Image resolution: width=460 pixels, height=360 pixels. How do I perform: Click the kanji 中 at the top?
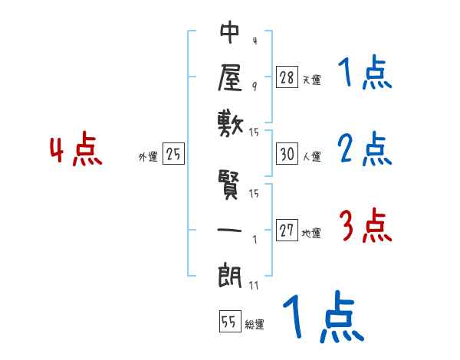tap(231, 33)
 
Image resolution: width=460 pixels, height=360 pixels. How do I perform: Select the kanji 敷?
tap(231, 122)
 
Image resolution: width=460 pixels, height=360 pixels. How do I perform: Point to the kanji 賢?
tap(231, 186)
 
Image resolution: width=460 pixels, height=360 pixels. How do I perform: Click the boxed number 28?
tap(287, 77)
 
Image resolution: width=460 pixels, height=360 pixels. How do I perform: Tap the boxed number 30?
tap(287, 154)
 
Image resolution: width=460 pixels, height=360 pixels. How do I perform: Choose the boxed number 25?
tap(173, 154)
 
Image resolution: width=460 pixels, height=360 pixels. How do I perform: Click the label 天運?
tap(311, 80)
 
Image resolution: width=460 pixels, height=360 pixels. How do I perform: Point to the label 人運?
tap(311, 156)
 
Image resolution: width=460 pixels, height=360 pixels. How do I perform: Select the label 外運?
tap(148, 156)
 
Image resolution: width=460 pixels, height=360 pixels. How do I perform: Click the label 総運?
tap(255, 325)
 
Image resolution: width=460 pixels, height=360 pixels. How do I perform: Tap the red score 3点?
tap(366, 227)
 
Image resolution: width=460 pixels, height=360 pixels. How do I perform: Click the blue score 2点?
tap(366, 149)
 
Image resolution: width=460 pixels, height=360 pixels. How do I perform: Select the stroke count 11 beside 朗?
tap(255, 285)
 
